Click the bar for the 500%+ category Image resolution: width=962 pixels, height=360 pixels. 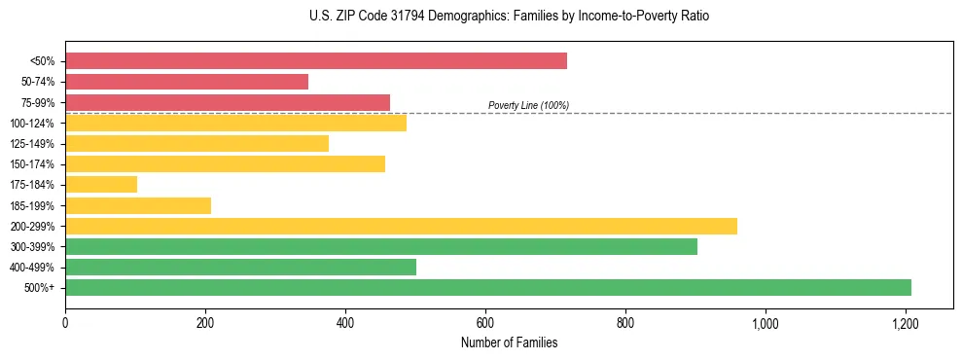488,287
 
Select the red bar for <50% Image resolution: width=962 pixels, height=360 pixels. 316,61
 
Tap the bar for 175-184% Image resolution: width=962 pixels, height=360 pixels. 101,184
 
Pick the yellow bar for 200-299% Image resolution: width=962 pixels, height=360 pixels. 401,226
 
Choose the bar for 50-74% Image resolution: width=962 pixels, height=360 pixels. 187,82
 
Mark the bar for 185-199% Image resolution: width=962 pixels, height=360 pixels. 138,205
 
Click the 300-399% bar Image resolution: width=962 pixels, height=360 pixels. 381,246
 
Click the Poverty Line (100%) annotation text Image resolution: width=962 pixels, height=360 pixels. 528,105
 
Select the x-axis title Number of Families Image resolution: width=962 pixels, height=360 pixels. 509,342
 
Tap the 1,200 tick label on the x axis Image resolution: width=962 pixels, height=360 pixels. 905,322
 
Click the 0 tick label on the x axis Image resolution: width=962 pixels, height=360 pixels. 65,322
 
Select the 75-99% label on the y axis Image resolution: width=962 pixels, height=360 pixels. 38,103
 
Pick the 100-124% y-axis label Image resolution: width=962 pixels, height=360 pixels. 34,124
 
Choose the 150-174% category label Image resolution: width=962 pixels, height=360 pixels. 34,164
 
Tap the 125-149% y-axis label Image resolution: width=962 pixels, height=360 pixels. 34,144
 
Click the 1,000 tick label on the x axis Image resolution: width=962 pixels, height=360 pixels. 765,322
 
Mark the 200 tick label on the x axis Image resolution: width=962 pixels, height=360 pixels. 205,322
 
